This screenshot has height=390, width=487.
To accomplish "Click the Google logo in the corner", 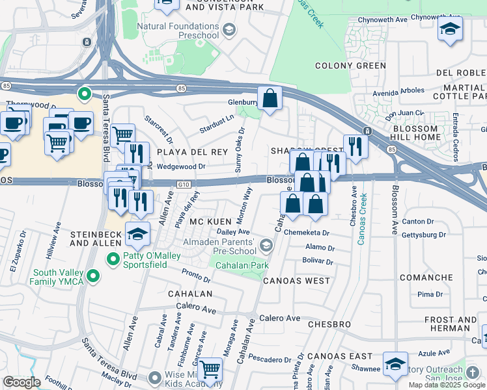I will pos(21,382).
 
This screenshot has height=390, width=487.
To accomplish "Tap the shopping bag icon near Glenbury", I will pos(270,99).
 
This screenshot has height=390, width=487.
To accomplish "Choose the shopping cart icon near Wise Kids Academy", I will pos(210,370).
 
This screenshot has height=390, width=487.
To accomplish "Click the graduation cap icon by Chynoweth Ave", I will pos(450,29).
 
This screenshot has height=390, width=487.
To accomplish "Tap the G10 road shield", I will pos(184,185).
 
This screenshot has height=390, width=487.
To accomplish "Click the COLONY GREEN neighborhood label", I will pos(350,66).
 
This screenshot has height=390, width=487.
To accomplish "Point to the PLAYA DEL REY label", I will pos(184,151).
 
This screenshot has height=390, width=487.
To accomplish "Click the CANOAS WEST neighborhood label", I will pos(296,281).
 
